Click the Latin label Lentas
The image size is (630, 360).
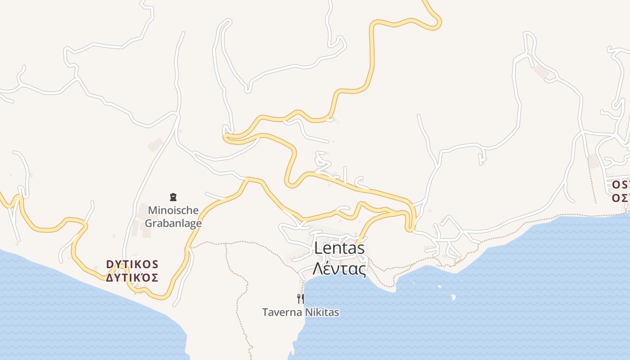(x=339, y=248)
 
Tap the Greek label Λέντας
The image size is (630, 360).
(x=339, y=268)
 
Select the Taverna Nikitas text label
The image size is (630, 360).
(x=301, y=312)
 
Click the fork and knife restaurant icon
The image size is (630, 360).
(x=300, y=298)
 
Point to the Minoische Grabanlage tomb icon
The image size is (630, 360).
(x=173, y=197)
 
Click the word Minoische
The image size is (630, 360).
(x=173, y=210)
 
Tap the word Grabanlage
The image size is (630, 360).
(x=173, y=223)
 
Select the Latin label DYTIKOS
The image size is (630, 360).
(x=132, y=264)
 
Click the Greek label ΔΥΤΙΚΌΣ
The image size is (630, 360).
(x=132, y=278)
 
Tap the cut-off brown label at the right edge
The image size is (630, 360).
(x=621, y=191)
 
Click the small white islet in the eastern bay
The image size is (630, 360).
(x=453, y=297)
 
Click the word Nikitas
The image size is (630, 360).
(x=322, y=312)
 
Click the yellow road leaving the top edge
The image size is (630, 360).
(x=426, y=2)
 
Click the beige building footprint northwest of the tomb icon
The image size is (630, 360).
(x=154, y=144)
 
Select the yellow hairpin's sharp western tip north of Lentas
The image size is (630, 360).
(x=225, y=137)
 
